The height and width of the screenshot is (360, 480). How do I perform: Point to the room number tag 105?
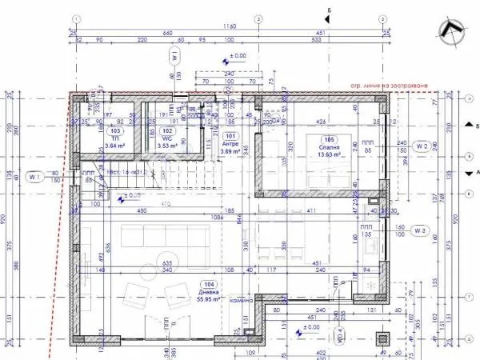point(330,138)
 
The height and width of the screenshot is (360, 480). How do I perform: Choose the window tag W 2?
point(422,146)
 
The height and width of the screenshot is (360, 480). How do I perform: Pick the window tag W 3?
point(422,230)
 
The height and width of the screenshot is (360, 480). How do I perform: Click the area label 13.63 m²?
point(330,156)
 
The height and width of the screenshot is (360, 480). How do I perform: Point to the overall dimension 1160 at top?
point(230,26)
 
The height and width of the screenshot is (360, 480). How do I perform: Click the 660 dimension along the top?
point(167,33)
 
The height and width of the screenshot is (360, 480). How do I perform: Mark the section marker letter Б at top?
point(329,12)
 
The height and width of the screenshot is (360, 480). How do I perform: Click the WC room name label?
point(167,138)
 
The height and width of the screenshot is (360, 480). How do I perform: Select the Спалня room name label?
point(330,148)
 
